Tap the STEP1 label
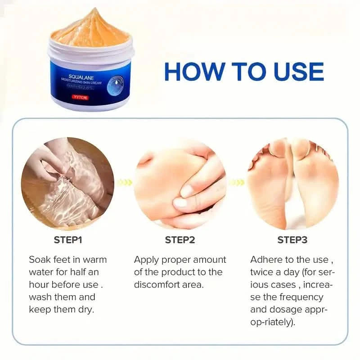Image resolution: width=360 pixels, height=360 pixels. pos(68,239)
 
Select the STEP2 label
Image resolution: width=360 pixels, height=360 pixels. pos(180,239)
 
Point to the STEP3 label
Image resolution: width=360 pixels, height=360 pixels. pos(292,239)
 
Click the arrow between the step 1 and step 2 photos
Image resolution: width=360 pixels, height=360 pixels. pos(124,182)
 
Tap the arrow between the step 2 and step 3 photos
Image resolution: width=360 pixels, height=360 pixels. pos(236,182)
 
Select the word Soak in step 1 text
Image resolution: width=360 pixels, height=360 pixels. pos(40,260)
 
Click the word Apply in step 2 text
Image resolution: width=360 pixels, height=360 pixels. pos(147,260)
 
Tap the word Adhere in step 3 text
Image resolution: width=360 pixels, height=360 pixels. pos(266,260)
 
